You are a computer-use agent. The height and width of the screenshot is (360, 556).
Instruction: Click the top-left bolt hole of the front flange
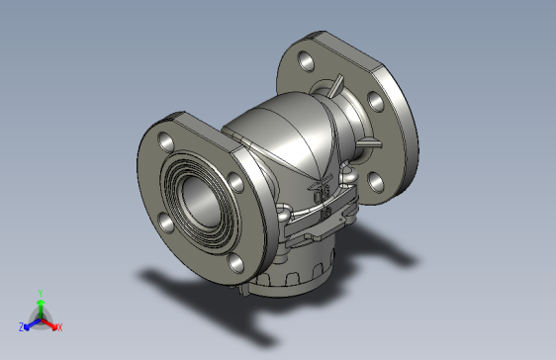(x=165, y=141)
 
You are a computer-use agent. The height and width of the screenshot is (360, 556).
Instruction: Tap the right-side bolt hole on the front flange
(x=235, y=183)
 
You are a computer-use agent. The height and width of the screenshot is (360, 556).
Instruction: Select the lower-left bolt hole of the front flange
(x=165, y=223)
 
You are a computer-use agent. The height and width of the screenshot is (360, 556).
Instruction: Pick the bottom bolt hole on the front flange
(x=235, y=263)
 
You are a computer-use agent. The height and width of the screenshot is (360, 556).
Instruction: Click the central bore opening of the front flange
(x=201, y=202)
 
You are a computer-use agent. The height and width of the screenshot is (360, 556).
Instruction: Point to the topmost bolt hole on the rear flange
(x=306, y=61)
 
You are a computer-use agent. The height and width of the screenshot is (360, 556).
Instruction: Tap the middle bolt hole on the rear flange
(x=376, y=101)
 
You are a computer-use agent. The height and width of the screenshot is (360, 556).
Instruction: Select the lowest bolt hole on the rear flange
(x=376, y=182)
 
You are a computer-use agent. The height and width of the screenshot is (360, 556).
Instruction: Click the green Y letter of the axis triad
(x=41, y=293)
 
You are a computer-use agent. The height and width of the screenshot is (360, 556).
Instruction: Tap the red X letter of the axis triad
(x=60, y=327)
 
